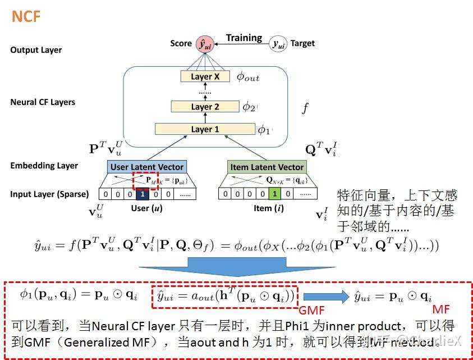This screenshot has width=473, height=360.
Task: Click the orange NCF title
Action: [x=26, y=16]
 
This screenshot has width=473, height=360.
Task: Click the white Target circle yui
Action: [x=278, y=44]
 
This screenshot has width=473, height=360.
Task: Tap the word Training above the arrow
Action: [x=244, y=38]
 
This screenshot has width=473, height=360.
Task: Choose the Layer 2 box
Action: [x=205, y=106]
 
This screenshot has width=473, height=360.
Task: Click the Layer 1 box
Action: [x=205, y=129]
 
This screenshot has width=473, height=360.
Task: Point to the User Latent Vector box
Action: [x=147, y=167]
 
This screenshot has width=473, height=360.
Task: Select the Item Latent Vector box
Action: [x=267, y=167]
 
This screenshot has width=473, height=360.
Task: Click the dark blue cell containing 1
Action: [x=143, y=194]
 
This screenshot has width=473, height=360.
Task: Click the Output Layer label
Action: [x=36, y=50]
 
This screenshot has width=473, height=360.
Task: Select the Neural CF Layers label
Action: [x=43, y=102]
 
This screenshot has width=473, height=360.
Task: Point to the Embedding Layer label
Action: [x=44, y=166]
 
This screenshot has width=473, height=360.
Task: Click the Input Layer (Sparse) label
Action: [x=49, y=194]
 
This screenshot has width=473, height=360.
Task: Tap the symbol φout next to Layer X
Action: [x=247, y=78]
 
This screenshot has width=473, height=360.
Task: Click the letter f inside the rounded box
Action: [x=305, y=108]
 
